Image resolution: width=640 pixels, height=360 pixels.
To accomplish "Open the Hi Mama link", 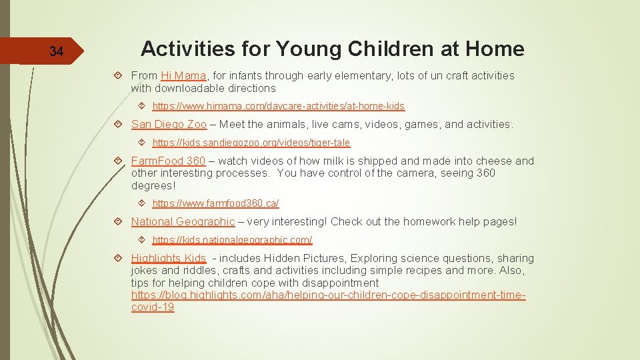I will (183, 76).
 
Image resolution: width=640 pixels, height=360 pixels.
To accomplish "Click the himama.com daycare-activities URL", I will (278, 106).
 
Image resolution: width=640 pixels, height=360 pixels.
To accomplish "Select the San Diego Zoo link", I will (169, 124).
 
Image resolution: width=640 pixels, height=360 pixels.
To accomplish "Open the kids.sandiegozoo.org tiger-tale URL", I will (251, 143).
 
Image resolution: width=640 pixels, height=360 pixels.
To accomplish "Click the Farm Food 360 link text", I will (168, 161).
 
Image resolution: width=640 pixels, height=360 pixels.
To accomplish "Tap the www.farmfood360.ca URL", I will (215, 203).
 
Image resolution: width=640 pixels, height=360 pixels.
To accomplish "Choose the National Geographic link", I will (183, 221).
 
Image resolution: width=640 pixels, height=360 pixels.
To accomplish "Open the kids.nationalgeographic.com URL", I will (232, 240).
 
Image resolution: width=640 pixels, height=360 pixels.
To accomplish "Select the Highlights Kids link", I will (169, 258).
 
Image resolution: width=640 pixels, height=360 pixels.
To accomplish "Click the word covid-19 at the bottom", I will (153, 307).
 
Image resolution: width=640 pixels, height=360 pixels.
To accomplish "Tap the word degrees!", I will (153, 185).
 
